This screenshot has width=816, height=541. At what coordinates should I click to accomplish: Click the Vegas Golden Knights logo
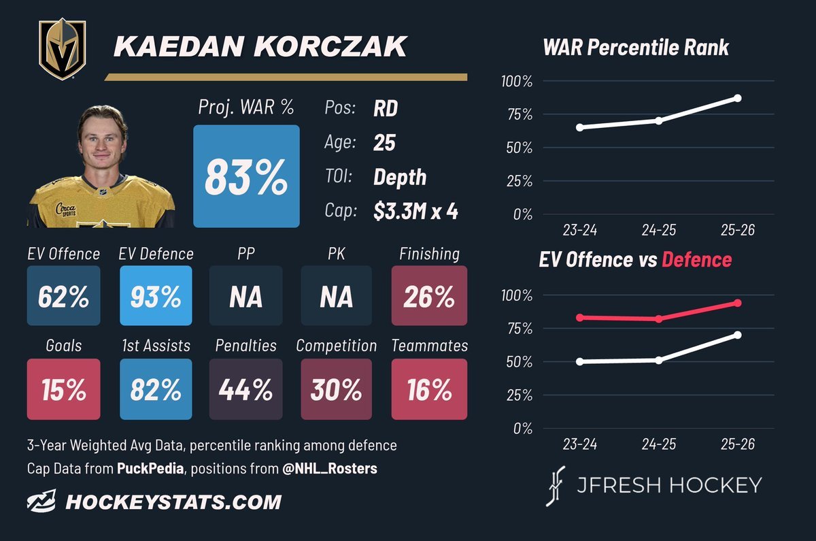tap(63, 49)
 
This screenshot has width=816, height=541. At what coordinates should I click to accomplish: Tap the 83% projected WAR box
tap(246, 176)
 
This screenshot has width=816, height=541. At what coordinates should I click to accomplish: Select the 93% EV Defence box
tap(156, 295)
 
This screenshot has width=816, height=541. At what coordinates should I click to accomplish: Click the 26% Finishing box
tap(429, 295)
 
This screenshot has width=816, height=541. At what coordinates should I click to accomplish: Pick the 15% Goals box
tap(64, 389)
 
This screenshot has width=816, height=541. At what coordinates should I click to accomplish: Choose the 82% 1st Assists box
tap(156, 389)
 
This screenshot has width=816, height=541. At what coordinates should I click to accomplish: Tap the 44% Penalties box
tap(246, 389)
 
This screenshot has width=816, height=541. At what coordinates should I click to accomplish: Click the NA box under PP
tap(246, 295)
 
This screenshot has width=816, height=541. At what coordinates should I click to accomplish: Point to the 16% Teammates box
tap(429, 389)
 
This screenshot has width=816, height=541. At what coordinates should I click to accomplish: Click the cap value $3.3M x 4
tap(415, 211)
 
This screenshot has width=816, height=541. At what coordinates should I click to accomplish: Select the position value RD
tap(386, 108)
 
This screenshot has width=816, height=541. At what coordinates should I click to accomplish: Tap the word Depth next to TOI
tap(400, 178)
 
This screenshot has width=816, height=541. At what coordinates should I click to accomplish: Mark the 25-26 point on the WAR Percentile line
tap(738, 98)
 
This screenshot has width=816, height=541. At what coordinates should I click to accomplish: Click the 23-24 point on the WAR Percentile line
tap(579, 127)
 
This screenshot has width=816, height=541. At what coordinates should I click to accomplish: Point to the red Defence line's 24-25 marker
tap(659, 319)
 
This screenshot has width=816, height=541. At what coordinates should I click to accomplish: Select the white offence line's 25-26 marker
tap(738, 335)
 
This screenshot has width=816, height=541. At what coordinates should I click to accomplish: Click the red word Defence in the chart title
tap(696, 260)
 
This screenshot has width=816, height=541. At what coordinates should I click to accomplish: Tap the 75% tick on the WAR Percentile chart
tap(520, 115)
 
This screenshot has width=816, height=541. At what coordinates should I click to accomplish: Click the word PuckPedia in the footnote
tap(150, 468)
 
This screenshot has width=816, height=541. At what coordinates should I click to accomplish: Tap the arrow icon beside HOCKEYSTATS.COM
tap(41, 501)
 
